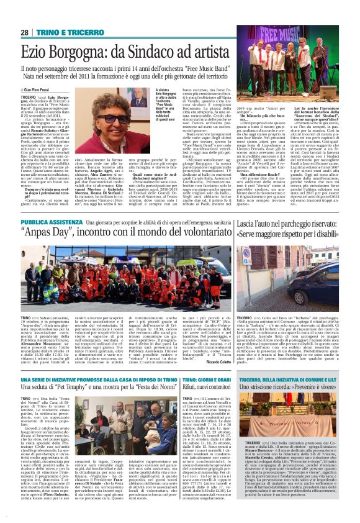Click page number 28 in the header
point(24,32)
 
